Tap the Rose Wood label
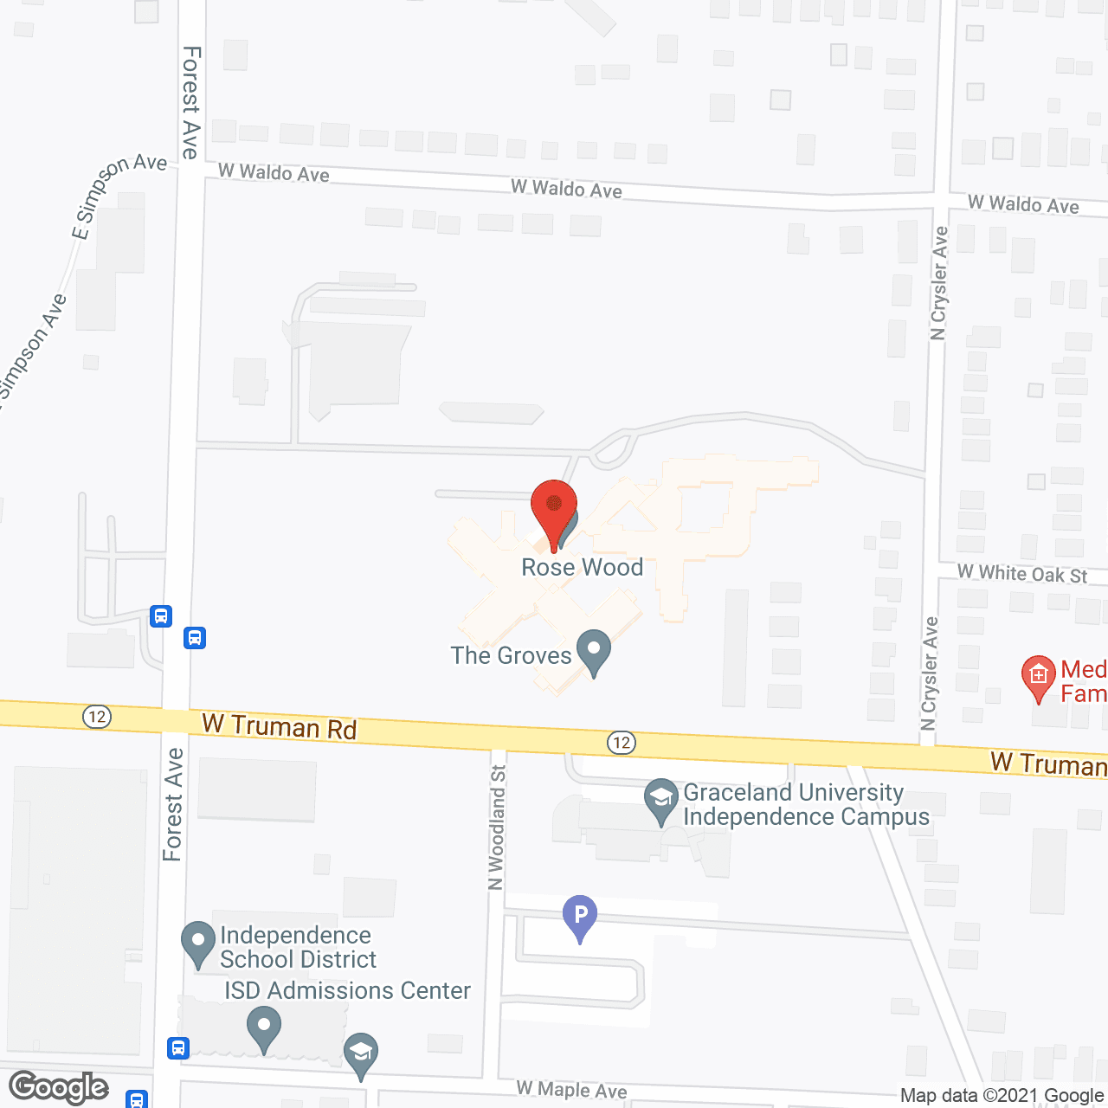[x=582, y=568]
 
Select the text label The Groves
[x=511, y=655]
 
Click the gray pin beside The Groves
[x=594, y=652]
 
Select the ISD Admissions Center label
[x=347, y=990]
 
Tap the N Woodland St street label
[x=497, y=828]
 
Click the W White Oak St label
[x=1022, y=574]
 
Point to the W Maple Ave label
[x=571, y=1090]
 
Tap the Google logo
[x=59, y=1087]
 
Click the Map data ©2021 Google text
[x=1002, y=1096]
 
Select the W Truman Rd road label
[x=279, y=727]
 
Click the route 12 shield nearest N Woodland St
[x=622, y=743]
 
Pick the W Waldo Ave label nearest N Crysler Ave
[x=1023, y=205]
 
